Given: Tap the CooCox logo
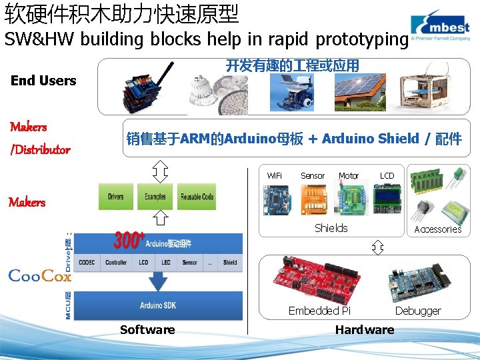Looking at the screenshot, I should tap(39, 276).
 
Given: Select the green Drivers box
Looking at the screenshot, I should tap(116, 197).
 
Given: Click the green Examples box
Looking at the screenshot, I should tap(155, 197).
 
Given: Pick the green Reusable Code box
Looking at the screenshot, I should tap(197, 197).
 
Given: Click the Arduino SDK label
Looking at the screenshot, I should tap(157, 305).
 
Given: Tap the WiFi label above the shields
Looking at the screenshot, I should tap(274, 176).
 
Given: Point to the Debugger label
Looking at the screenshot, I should tap(418, 311).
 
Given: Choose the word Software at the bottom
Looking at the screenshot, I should tap(147, 329).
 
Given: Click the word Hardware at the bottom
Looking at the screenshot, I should tap(365, 329).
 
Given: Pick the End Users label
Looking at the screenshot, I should tap(43, 81).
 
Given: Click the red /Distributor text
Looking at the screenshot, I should tap(40, 149).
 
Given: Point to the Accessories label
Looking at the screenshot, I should tap(438, 229).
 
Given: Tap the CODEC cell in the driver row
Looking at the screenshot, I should tap(87, 263).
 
